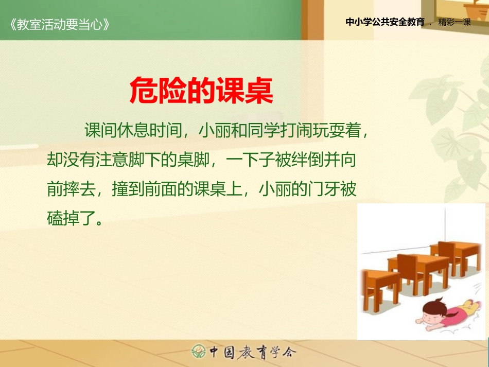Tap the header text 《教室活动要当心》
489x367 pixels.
click(x=59, y=24)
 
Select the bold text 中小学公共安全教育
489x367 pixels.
click(x=385, y=22)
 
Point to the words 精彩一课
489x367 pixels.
click(x=455, y=22)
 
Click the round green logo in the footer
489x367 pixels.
click(x=199, y=352)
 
